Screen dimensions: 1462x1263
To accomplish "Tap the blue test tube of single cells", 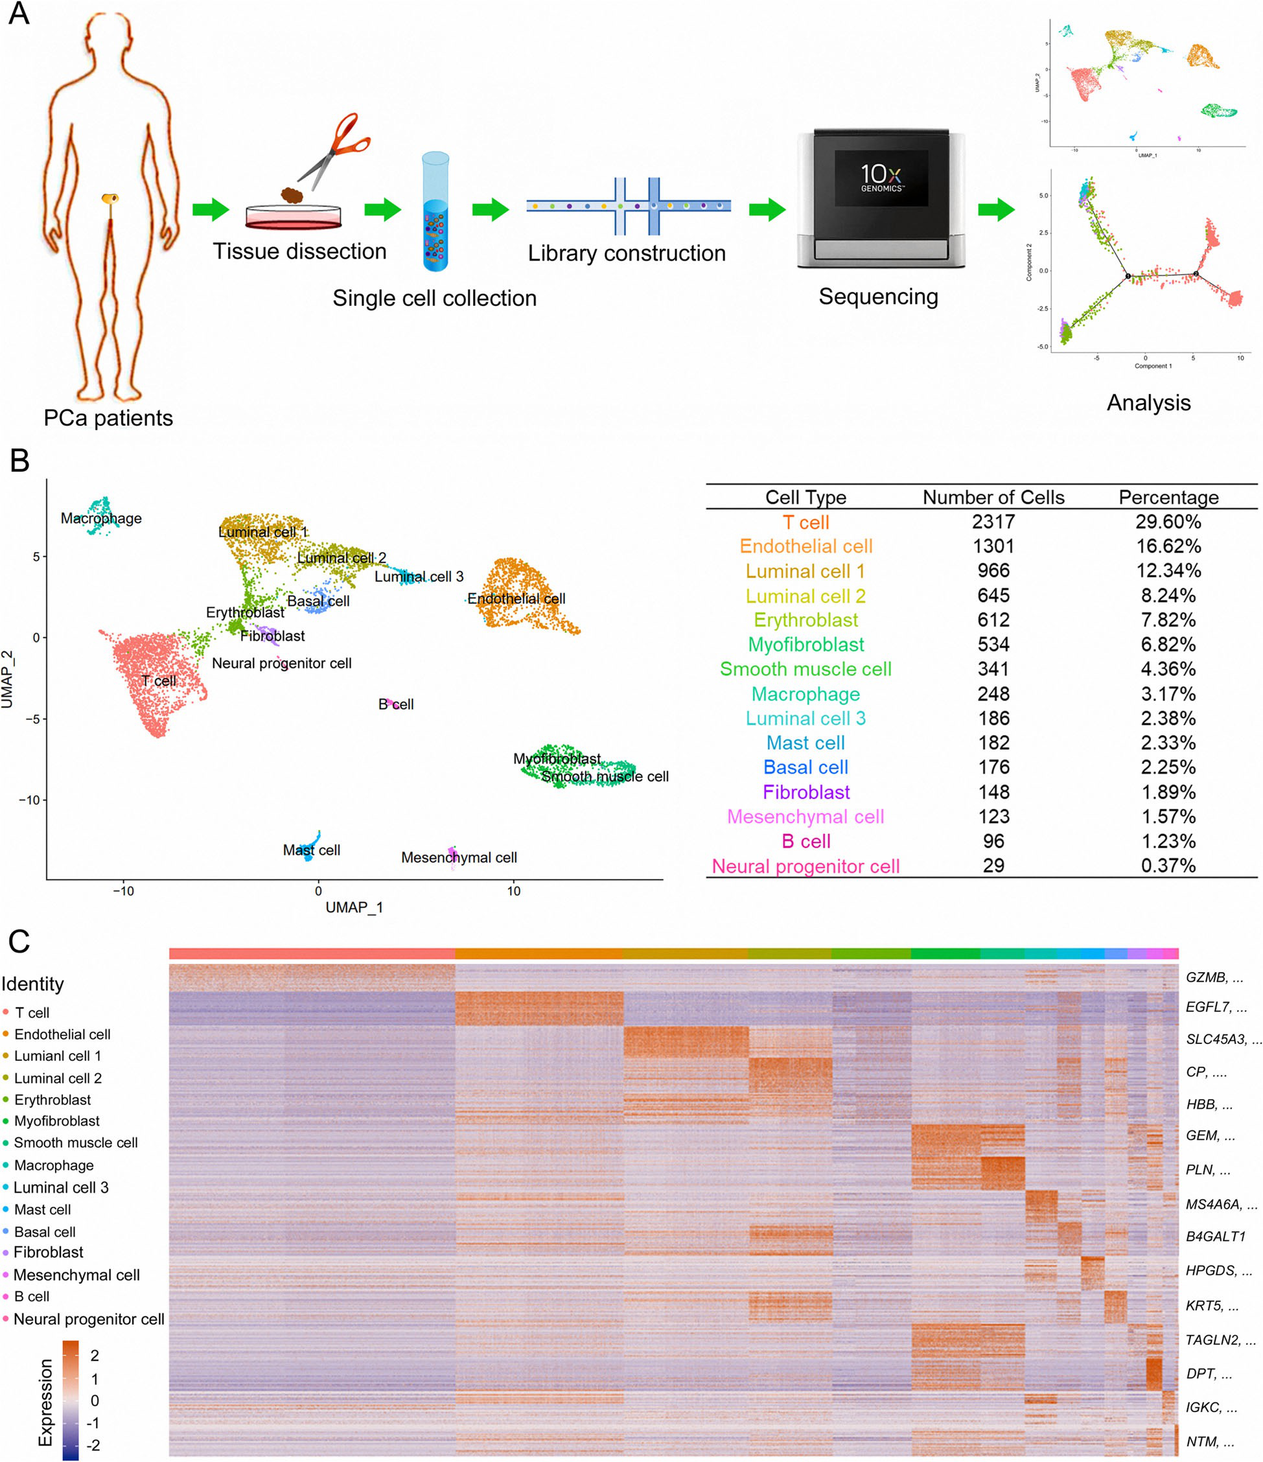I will [x=435, y=212].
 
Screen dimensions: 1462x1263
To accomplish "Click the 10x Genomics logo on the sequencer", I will [x=881, y=177].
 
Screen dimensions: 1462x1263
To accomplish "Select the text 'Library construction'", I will [x=627, y=253].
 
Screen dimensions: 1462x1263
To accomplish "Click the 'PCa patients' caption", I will [x=108, y=419].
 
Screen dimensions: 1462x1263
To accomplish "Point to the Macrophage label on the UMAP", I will [x=101, y=518].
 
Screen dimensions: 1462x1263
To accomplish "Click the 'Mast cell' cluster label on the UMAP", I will [x=311, y=850].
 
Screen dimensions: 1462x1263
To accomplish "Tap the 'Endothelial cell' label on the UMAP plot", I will [x=516, y=599].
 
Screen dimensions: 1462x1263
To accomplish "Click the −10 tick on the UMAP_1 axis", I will [x=124, y=891].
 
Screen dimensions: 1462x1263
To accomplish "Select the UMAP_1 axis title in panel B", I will [x=354, y=907].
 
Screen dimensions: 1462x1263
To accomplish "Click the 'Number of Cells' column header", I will [x=993, y=498].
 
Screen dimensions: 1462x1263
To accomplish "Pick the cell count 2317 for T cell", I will [x=993, y=522].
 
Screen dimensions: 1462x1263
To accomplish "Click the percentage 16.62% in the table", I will [x=1168, y=546].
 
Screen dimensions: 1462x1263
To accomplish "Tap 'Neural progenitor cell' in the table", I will [x=805, y=866].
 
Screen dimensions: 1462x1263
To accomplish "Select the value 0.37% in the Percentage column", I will [x=1168, y=866].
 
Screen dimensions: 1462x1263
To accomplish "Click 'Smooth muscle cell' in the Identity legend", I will [x=76, y=1143].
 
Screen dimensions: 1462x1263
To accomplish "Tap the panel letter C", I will [x=19, y=941].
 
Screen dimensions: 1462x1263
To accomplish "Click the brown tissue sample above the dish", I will [x=292, y=195].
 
